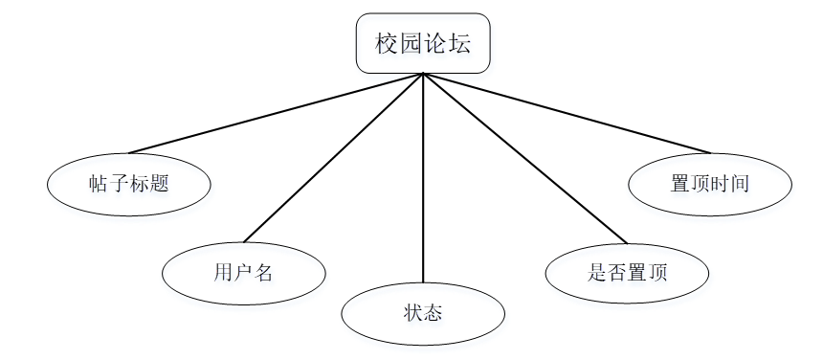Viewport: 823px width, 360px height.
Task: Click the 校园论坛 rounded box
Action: [x=423, y=43]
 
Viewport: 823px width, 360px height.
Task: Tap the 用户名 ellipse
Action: [x=243, y=273]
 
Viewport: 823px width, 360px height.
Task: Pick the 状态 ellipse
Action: [x=423, y=313]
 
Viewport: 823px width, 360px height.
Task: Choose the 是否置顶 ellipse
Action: [x=627, y=273]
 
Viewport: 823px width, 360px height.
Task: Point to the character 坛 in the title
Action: [x=458, y=44]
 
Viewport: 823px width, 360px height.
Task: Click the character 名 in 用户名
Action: [x=264, y=273]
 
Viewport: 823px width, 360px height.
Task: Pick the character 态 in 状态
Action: [x=434, y=313]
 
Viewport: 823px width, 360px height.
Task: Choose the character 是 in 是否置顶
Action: [x=597, y=273]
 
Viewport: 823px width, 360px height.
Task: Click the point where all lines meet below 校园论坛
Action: [x=423, y=74]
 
